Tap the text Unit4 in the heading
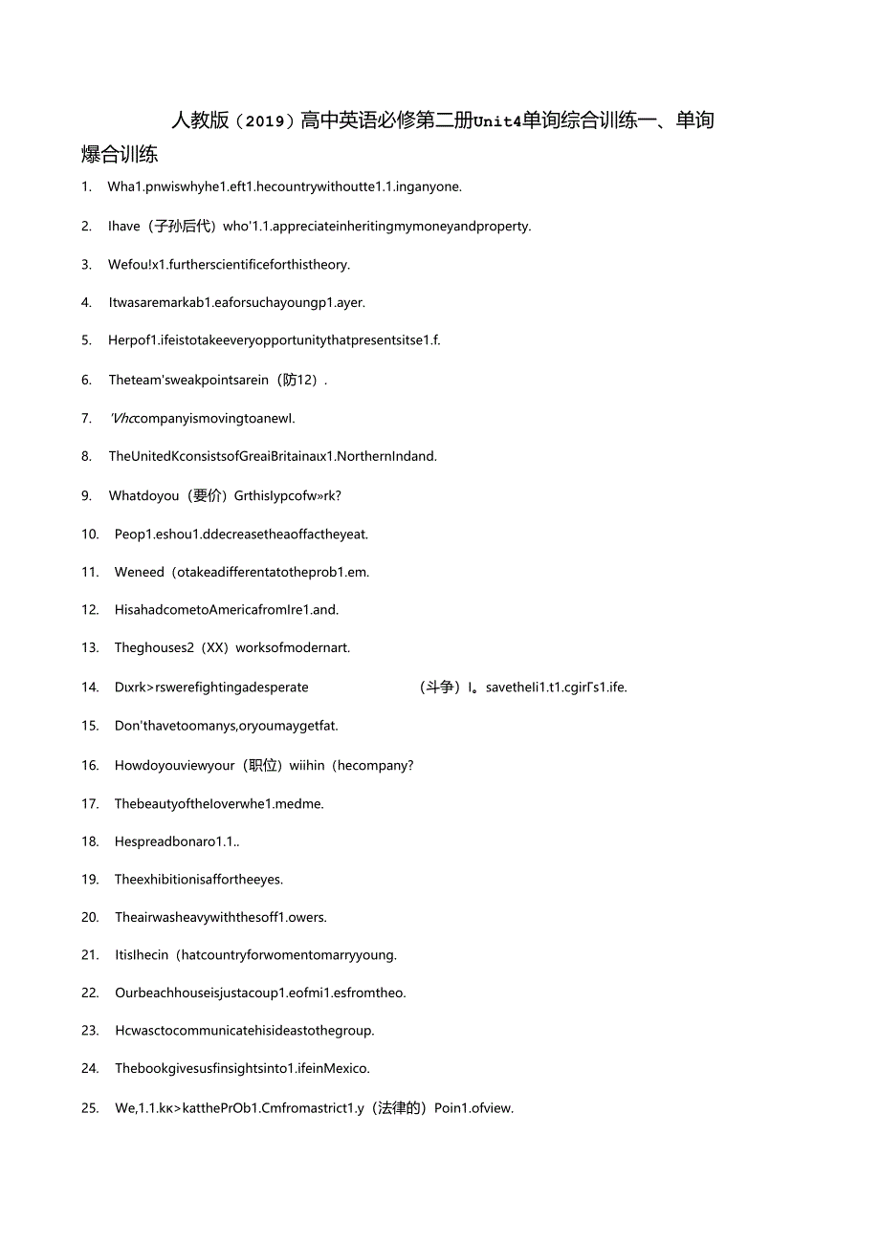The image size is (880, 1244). pos(495,121)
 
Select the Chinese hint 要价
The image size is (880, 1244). pos(207,495)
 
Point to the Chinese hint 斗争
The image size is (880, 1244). pos(439,687)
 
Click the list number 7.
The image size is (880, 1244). pos(86,418)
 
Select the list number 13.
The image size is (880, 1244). pos(90,647)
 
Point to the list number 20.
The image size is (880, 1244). pos(90,917)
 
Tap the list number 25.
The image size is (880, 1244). pos(90,1108)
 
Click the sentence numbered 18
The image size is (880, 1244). pos(177,841)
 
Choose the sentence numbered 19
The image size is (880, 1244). pos(199,879)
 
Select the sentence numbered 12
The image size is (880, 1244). pos(227,609)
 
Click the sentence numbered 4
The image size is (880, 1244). pos(236,302)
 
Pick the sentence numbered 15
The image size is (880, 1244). pos(226,726)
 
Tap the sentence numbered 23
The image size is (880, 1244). pos(244,1030)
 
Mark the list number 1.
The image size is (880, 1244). pos(86,186)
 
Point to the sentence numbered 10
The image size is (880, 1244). pos(241,534)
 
